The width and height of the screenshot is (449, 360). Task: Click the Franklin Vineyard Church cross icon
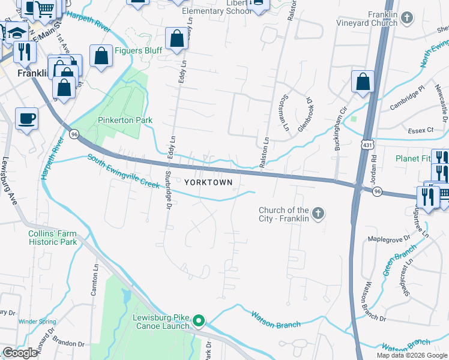coord(407,17)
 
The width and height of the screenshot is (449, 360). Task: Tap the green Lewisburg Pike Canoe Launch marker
coord(199,322)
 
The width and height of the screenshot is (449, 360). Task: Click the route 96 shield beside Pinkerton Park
coord(73,133)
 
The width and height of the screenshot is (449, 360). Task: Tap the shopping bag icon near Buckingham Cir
coord(363,82)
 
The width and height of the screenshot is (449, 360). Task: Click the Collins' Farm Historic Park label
coord(53,238)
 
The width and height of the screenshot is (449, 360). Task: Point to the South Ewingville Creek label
coord(122,170)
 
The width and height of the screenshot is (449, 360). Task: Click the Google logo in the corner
coord(19,353)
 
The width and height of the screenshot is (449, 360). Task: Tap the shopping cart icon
coord(45,9)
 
